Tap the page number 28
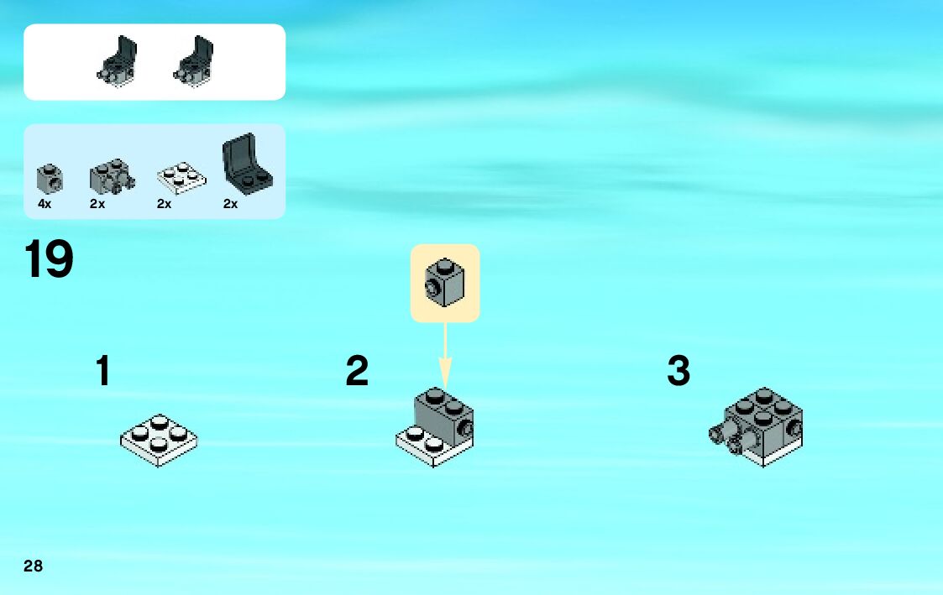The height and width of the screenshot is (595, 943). (33, 566)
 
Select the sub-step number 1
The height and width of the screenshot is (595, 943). (102, 371)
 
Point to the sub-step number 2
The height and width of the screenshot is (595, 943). (357, 371)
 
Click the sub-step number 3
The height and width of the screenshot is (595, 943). (678, 371)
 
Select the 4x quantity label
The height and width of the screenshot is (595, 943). (45, 204)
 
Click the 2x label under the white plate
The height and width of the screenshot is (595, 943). (164, 204)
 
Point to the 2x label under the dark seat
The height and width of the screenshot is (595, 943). (230, 204)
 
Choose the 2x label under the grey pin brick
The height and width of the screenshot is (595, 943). (97, 204)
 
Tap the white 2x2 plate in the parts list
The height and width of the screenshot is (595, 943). (181, 175)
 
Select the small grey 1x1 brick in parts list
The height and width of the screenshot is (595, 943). (46, 177)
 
